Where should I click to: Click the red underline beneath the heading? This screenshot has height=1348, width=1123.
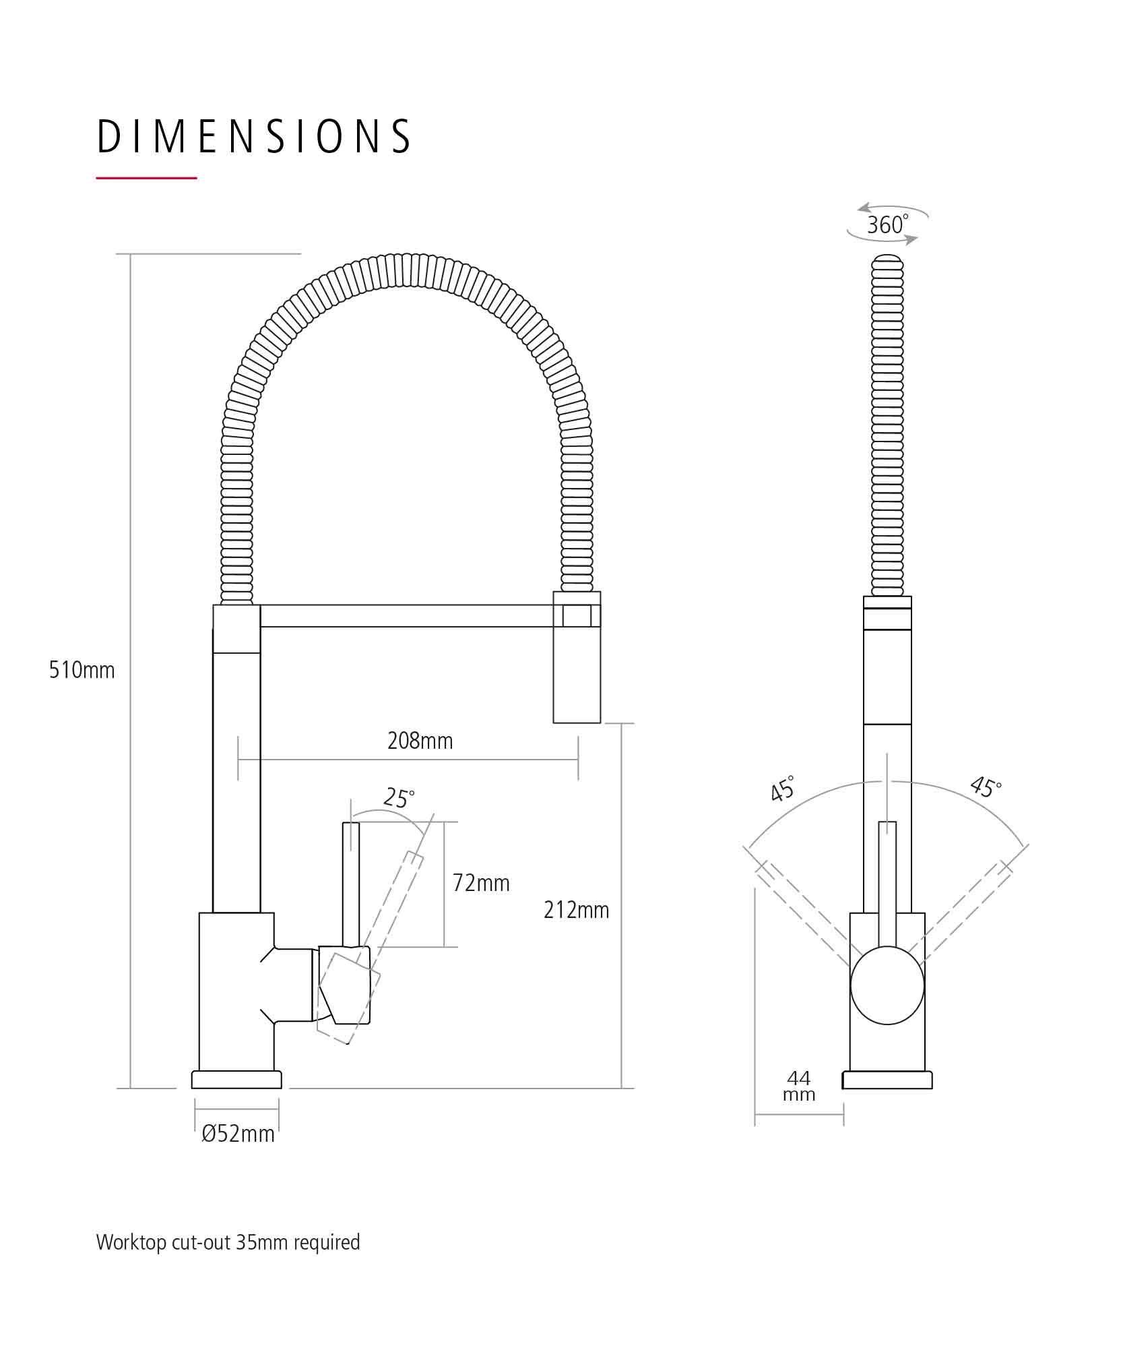pos(146,178)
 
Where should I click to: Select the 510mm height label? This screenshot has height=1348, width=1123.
pos(82,670)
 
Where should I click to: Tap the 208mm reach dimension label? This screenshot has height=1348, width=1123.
pos(420,741)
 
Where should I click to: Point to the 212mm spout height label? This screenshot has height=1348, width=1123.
pos(576,910)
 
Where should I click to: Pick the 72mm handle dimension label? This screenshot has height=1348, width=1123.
pos(481,883)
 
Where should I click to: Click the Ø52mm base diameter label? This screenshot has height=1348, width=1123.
pos(238,1134)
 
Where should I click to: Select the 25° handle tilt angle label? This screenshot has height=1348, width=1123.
pos(399,797)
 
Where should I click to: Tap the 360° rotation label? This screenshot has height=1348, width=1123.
pos(887,224)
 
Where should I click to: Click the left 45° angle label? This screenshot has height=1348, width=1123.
pos(783,788)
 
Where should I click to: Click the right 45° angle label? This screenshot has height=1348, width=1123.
pos(986,787)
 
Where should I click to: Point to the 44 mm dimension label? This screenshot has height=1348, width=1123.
pos(799,1086)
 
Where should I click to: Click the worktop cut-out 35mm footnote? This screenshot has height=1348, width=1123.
pos(228,1242)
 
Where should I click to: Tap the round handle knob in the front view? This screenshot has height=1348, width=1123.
pos(887,985)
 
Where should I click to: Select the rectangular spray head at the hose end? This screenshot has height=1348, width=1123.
pos(577,657)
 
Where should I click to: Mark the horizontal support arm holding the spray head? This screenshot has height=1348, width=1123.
pos(406,616)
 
